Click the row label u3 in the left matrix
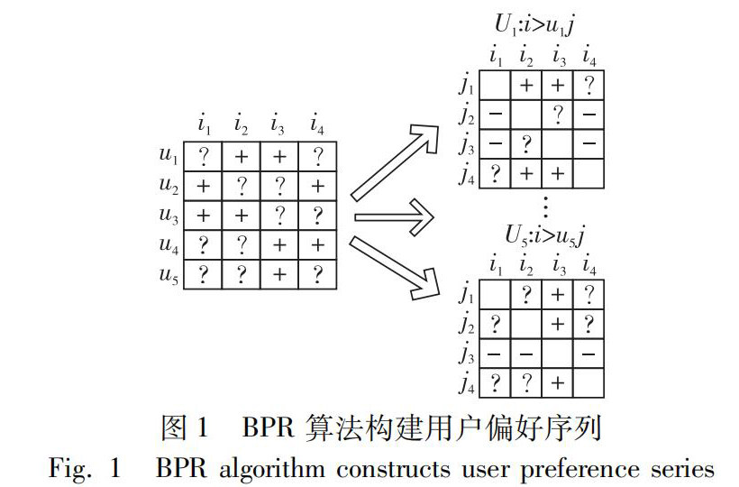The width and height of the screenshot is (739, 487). pyautogui.click(x=167, y=216)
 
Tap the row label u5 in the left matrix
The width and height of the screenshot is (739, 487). pyautogui.click(x=167, y=277)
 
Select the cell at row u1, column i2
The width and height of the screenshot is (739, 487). pyautogui.click(x=242, y=157)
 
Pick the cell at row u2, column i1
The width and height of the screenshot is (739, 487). pyautogui.click(x=204, y=187)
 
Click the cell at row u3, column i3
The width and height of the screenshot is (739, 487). pyautogui.click(x=280, y=216)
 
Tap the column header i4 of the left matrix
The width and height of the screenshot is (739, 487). pyautogui.click(x=317, y=121)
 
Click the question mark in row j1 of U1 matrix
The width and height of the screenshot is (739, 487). pyautogui.click(x=588, y=87)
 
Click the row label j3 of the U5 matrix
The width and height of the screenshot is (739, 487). pyautogui.click(x=466, y=353)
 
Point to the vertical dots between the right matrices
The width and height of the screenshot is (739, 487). pyautogui.click(x=543, y=207)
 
